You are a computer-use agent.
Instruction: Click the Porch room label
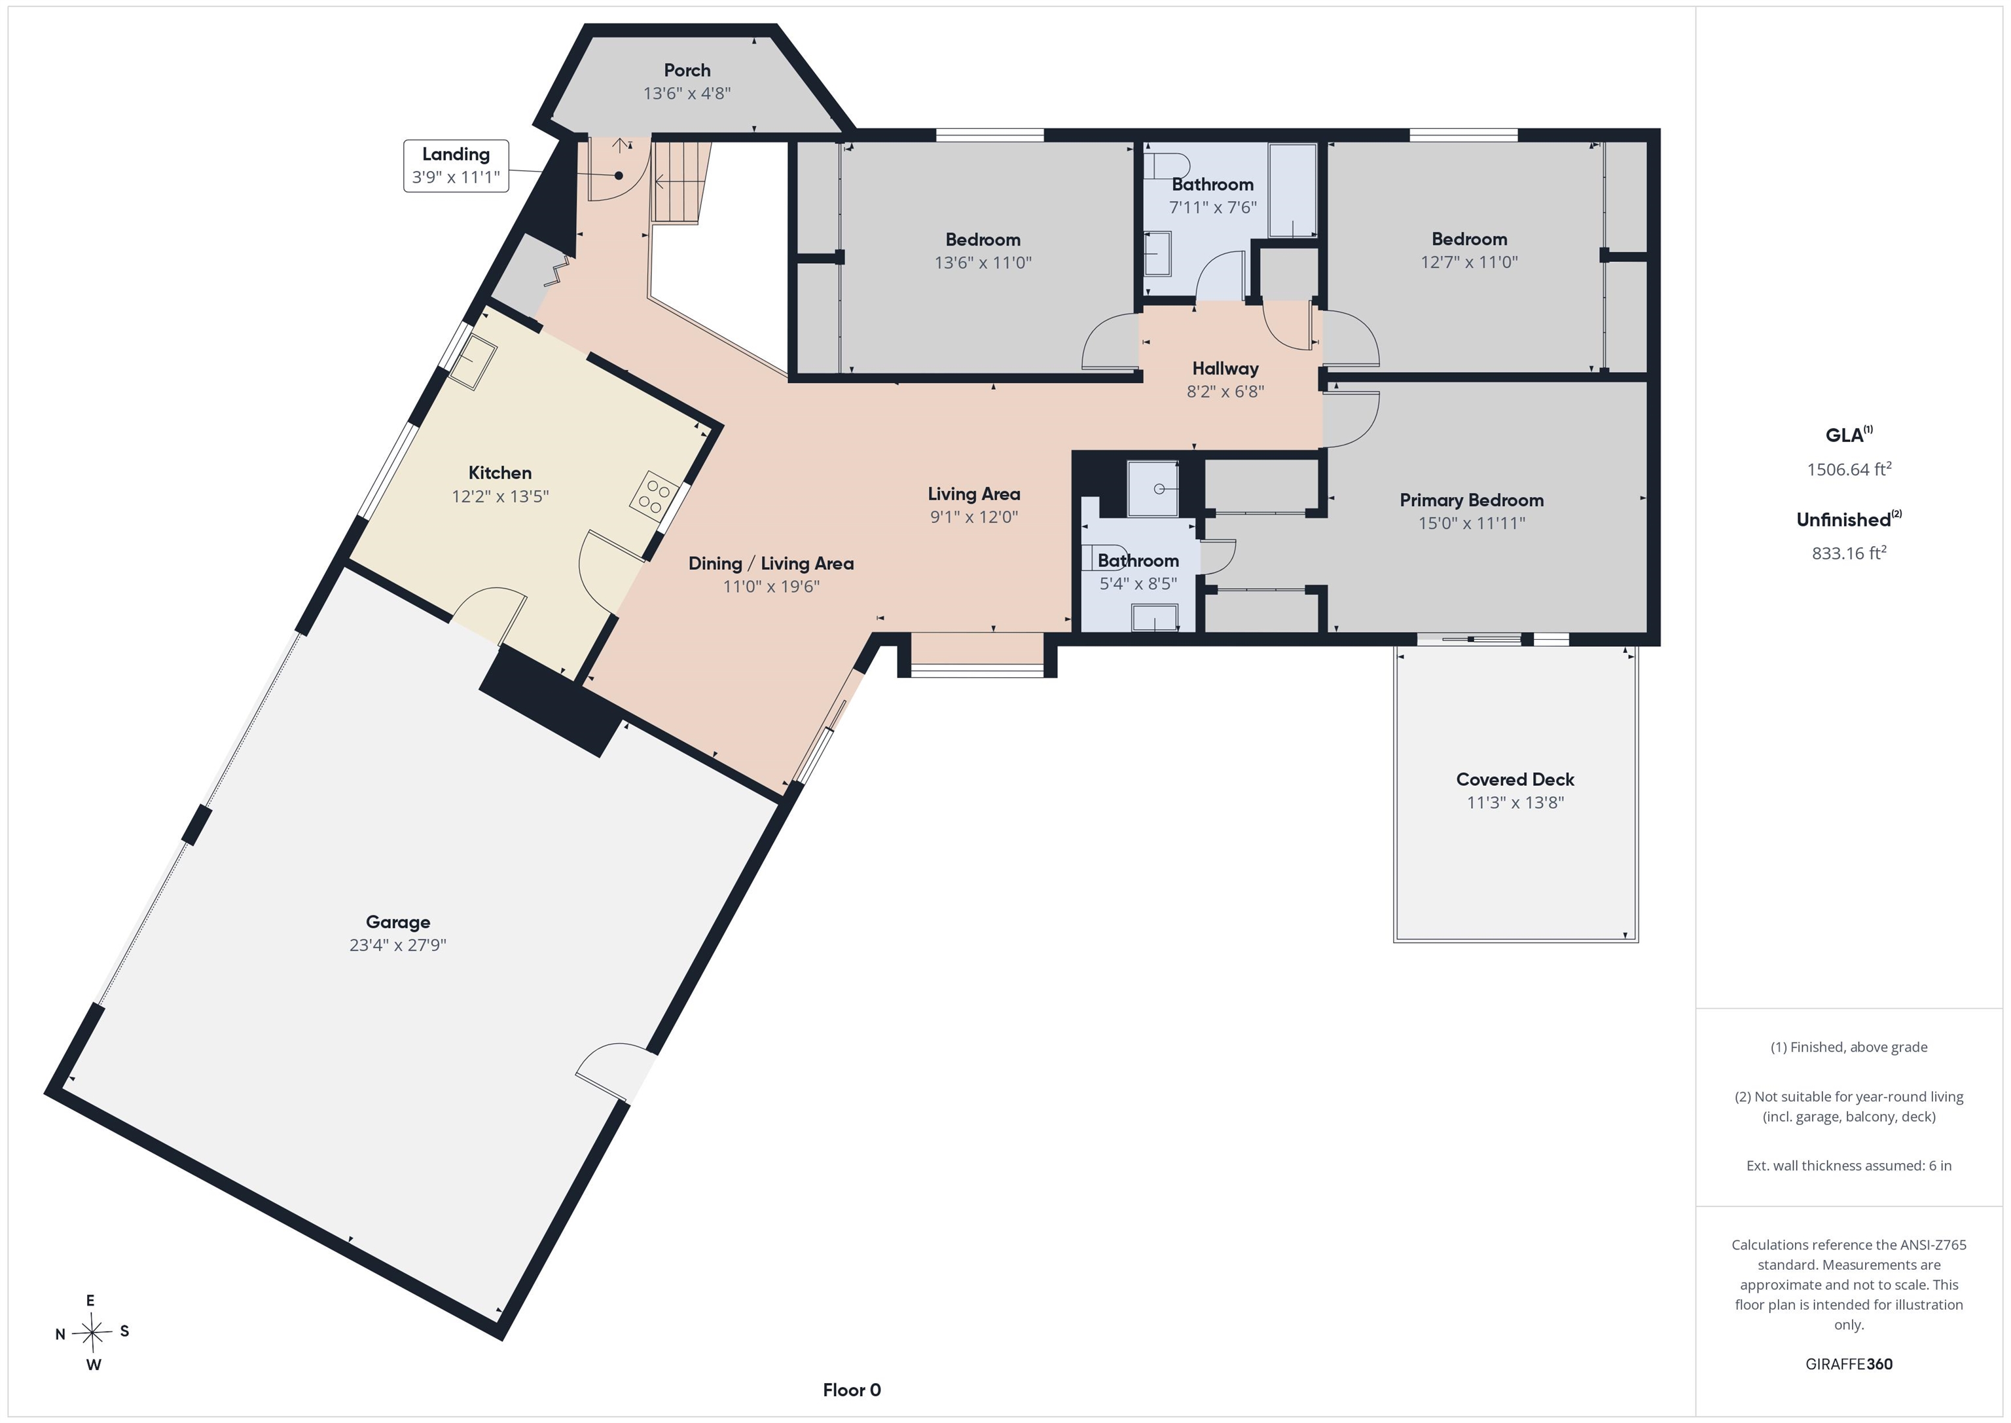tap(687, 70)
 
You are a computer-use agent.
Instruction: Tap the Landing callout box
tap(456, 166)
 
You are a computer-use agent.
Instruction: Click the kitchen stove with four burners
tap(654, 492)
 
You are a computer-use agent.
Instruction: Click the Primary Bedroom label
tap(1472, 500)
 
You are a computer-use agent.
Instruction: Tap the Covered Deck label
tap(1515, 780)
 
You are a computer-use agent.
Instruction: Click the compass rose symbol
tap(92, 1333)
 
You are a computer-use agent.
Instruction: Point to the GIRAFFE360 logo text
tap(1849, 1364)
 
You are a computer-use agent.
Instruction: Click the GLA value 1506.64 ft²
tap(1849, 469)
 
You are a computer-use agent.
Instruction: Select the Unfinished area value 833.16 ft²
tap(1849, 553)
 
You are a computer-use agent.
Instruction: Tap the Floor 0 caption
tap(852, 1390)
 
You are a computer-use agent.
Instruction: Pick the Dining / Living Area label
tap(770, 563)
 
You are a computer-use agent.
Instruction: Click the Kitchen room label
tap(500, 473)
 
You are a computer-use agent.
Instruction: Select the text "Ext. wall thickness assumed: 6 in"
tap(1849, 1166)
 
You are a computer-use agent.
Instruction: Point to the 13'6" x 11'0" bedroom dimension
tap(983, 262)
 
